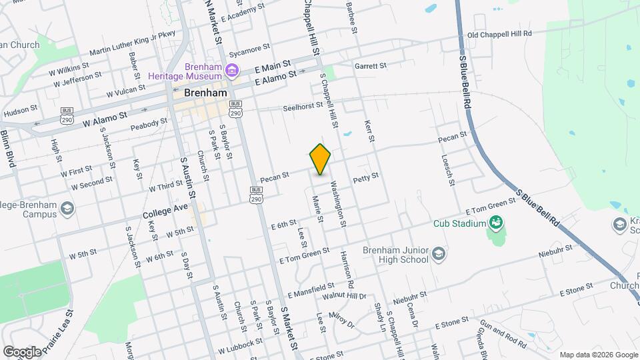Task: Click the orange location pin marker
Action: click(321, 159)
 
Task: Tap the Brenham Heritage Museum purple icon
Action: click(231, 70)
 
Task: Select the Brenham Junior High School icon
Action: click(439, 253)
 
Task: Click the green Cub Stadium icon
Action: click(495, 223)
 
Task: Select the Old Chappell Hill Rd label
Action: click(499, 33)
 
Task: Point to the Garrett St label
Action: click(371, 66)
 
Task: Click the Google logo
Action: click(22, 351)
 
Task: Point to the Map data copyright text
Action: click(598, 355)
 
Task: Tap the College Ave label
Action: click(165, 214)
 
